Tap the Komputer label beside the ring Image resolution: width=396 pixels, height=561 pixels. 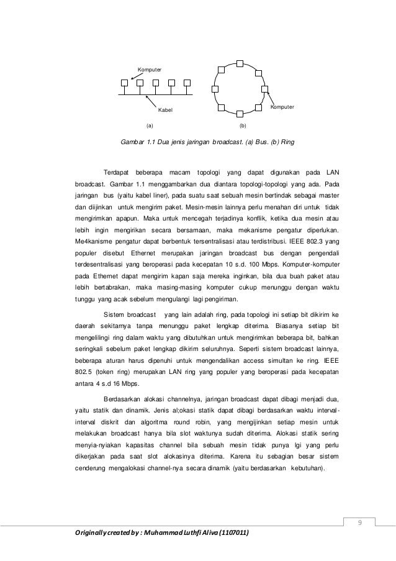(x=282, y=108)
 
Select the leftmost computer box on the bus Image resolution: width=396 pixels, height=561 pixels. (x=125, y=83)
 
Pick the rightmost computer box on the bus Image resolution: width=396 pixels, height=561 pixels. (x=186, y=83)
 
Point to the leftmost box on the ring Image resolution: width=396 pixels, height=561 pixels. (x=215, y=88)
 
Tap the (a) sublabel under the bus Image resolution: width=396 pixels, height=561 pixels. (x=149, y=125)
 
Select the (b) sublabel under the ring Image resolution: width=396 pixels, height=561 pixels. (x=242, y=125)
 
